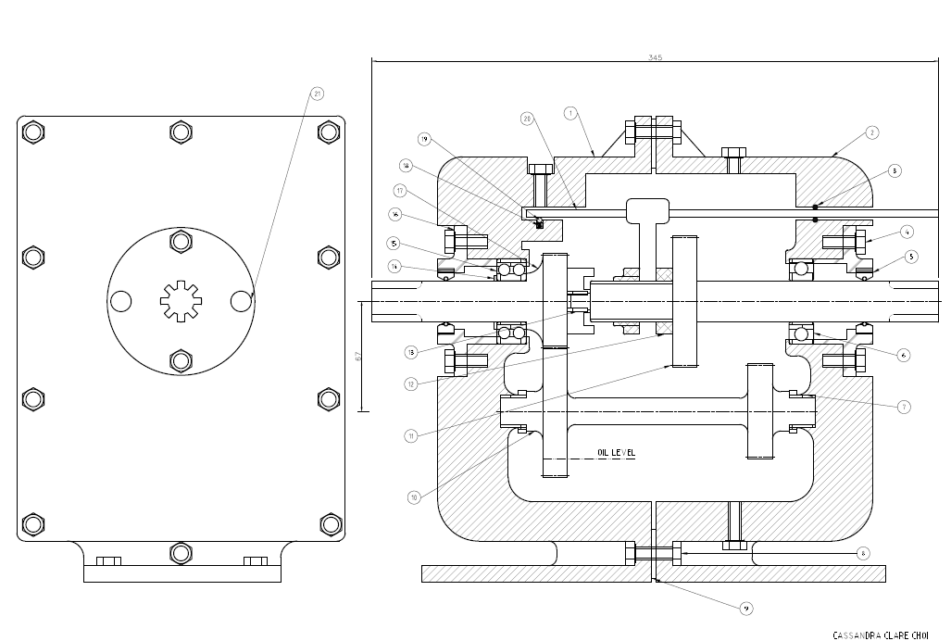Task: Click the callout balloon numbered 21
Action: coord(317,94)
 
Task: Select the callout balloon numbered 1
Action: coord(570,112)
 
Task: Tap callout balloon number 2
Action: coord(871,132)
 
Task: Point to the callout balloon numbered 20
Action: coord(527,118)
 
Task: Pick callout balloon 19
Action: coord(424,139)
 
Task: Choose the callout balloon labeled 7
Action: coord(904,406)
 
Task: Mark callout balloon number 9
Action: coord(746,608)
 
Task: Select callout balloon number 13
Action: coord(410,352)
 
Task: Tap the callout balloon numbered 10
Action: coord(414,497)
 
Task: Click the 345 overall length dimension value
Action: coord(655,57)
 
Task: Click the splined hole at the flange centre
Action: coord(180,301)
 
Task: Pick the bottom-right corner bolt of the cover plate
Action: coord(329,524)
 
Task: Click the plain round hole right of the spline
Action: coord(241,301)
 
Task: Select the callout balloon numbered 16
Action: coord(394,214)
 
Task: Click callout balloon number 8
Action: coord(862,554)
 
